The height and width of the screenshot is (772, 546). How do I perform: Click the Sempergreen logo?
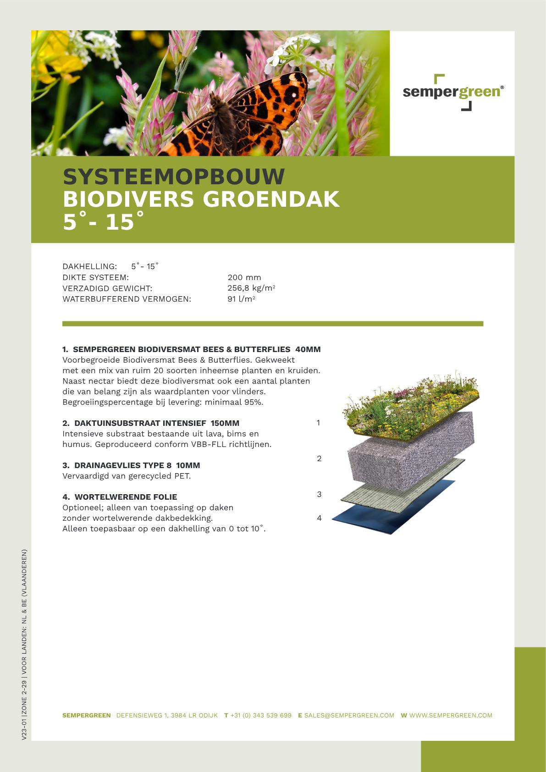(453, 92)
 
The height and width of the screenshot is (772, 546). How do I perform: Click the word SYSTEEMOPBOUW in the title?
(174, 177)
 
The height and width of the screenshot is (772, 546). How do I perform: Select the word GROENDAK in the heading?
(271, 199)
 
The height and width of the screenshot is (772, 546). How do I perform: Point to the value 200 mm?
(244, 277)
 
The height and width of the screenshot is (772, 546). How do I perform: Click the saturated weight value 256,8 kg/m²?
(251, 288)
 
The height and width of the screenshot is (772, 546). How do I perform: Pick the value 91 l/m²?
(241, 299)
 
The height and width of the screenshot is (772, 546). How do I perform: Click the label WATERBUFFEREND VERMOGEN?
(127, 299)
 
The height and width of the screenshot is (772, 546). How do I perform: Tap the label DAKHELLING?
(89, 266)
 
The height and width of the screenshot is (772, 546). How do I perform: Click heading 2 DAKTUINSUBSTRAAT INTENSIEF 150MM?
(151, 423)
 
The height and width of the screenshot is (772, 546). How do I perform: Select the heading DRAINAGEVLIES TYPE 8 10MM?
(131, 465)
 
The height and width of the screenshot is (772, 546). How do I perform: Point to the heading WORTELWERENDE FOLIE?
(120, 497)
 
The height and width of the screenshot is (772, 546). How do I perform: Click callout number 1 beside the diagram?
(318, 423)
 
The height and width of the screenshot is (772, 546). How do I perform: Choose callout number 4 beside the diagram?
(319, 518)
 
